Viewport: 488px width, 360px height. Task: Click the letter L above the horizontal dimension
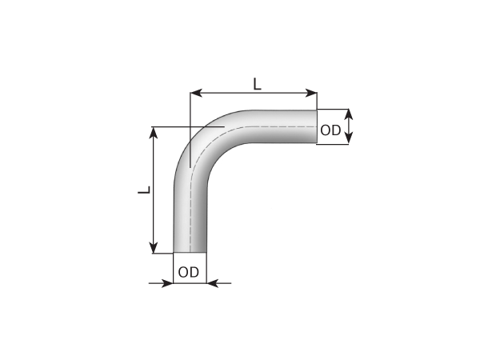tap(256, 82)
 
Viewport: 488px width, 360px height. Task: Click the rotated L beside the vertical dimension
tap(143, 190)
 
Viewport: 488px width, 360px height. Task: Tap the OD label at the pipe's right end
tap(330, 130)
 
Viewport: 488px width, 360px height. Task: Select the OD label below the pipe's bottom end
tap(189, 272)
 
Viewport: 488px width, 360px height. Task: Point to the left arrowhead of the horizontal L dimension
tap(194, 94)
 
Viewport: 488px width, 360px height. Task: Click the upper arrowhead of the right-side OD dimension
tap(348, 114)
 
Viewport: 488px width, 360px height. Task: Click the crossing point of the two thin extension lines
tap(190, 126)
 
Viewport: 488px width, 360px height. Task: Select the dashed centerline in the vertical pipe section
tap(190, 216)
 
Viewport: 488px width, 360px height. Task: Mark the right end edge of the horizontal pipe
tap(317, 126)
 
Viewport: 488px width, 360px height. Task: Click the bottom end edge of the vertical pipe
tap(190, 252)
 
